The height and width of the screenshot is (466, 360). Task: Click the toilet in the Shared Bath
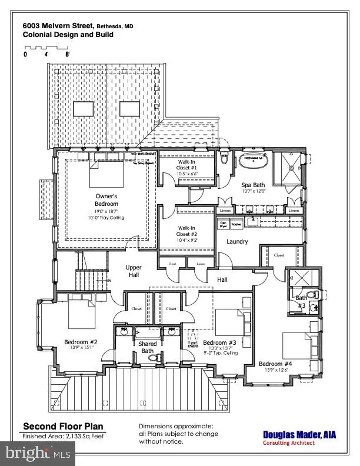(x=152, y=357)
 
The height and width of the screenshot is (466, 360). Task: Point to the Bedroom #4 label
(x=275, y=363)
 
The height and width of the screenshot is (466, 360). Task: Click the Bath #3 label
(x=300, y=302)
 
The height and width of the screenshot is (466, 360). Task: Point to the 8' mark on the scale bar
(x=68, y=54)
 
